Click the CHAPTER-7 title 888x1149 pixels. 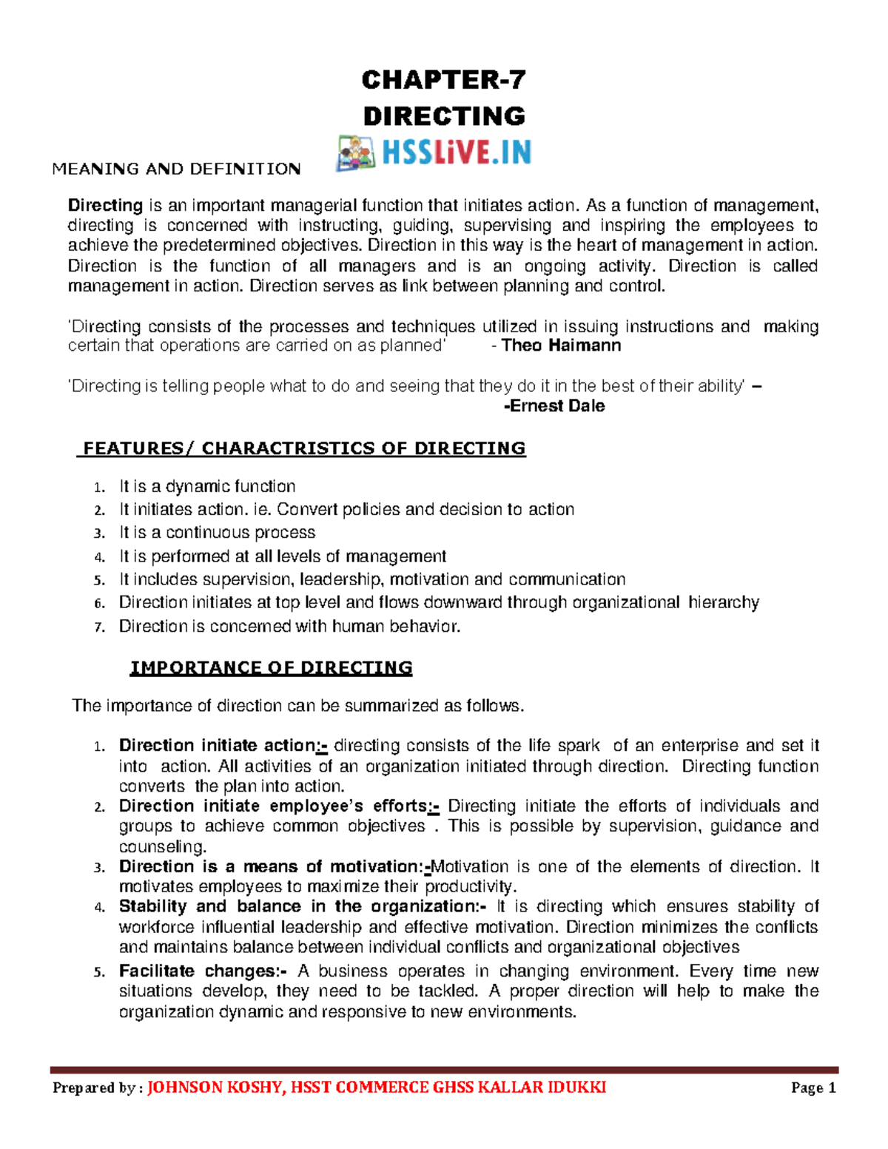click(443, 79)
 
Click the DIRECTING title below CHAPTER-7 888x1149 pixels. click(443, 116)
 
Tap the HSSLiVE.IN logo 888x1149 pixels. click(434, 153)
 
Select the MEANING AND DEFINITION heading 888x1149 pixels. click(176, 169)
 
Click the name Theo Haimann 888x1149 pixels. click(561, 346)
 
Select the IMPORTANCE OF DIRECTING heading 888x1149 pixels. click(271, 668)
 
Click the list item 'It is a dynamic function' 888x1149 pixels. click(207, 486)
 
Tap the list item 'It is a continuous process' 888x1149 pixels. click(217, 533)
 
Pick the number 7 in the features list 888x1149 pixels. click(99, 627)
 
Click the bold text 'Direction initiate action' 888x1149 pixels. click(217, 746)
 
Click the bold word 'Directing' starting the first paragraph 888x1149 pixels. click(105, 206)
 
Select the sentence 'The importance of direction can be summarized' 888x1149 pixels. click(296, 706)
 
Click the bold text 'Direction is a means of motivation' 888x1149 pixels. click(270, 867)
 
